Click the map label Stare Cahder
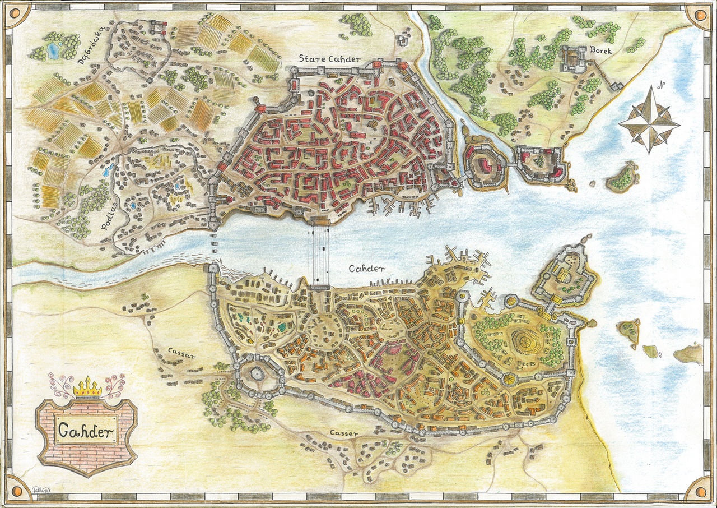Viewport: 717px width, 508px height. pos(329,59)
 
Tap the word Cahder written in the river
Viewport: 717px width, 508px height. pos(367,269)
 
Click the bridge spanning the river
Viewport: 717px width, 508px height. pos(319,252)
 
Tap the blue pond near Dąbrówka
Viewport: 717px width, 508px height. pos(53,52)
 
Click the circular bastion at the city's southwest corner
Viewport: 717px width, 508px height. pos(257,373)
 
